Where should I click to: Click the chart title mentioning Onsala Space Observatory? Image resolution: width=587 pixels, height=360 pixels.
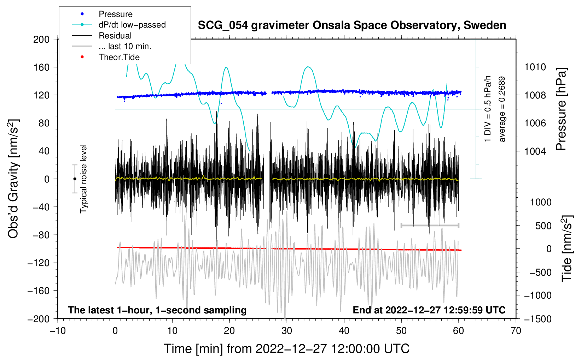352,25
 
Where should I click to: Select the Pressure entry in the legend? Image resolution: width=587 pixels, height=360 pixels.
115,14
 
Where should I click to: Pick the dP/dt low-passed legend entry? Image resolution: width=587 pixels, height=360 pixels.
132,25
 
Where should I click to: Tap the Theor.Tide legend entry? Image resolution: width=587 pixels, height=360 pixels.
119,57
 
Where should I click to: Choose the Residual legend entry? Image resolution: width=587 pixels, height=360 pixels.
115,36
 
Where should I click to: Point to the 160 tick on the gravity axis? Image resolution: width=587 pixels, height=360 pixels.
41,67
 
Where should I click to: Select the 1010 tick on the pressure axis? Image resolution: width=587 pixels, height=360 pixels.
535,67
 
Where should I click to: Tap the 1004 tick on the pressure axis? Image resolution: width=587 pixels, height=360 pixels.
535,151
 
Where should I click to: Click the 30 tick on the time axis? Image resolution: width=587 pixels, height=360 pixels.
287,331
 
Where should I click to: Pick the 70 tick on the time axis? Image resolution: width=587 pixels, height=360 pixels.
516,331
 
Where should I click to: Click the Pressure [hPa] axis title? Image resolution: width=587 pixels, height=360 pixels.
561,109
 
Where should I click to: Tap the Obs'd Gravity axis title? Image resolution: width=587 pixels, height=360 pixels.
13,179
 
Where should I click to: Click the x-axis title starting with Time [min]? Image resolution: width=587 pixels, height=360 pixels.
286,349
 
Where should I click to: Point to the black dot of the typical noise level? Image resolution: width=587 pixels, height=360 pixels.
75,179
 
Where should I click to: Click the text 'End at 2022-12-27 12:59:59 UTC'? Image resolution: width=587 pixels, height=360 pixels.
429,310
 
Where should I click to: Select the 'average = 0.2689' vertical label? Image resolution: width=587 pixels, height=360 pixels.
502,109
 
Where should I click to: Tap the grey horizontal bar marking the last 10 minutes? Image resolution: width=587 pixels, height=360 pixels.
430,225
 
